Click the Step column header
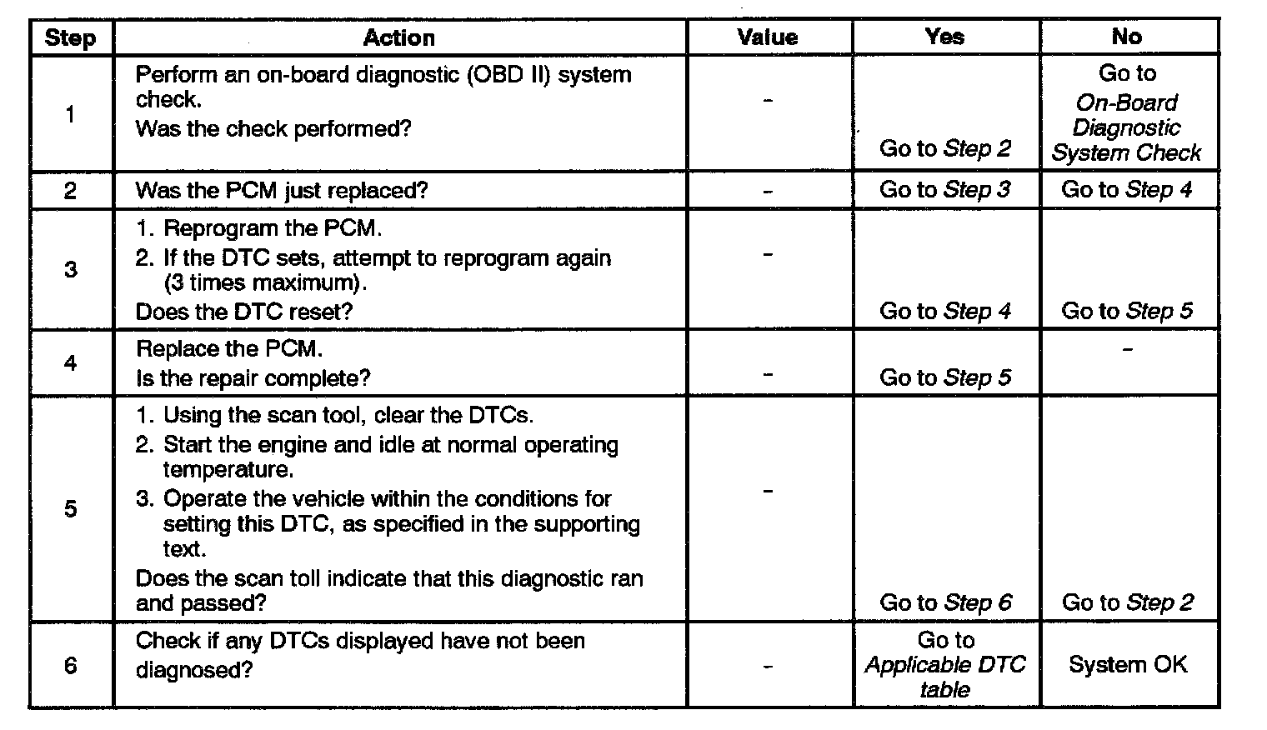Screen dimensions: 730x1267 click(x=70, y=38)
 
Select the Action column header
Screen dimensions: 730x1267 click(x=398, y=37)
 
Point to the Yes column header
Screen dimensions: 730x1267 click(x=944, y=37)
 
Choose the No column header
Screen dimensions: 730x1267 click(x=1126, y=37)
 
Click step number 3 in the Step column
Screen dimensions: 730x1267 click(x=70, y=269)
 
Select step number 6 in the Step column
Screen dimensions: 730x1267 click(x=70, y=665)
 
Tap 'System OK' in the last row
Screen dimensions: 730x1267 click(x=1127, y=665)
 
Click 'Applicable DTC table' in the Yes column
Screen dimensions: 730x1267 click(x=945, y=677)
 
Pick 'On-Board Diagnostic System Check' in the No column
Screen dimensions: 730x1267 click(x=1126, y=128)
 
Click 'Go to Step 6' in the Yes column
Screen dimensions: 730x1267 click(x=945, y=602)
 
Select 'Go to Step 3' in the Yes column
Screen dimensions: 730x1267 click(x=944, y=190)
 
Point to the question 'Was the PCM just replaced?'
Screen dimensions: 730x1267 click(x=282, y=191)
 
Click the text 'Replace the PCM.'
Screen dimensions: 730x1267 click(x=229, y=349)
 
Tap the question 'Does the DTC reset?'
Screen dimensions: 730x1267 click(x=244, y=312)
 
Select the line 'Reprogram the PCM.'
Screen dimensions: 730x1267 click(x=272, y=228)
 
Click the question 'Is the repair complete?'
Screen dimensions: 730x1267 click(x=253, y=378)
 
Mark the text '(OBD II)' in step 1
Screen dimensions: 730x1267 click(x=510, y=75)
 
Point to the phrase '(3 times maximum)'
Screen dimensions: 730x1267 click(x=266, y=283)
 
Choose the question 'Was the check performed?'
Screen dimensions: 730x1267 click(x=273, y=129)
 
